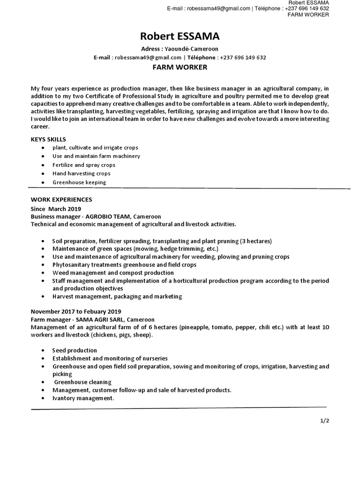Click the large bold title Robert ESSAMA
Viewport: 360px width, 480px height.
pos(180,37)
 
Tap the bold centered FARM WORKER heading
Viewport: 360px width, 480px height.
pos(180,67)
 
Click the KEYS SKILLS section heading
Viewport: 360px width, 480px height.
pos(48,139)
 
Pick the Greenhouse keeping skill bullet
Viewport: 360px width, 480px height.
pos(79,182)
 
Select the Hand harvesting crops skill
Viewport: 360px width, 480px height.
pos(81,173)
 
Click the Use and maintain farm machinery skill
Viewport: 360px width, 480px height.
pos(96,156)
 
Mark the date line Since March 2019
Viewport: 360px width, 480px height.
pos(56,209)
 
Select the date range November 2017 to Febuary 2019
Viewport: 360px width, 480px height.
pos(76,311)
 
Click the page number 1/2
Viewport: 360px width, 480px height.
pos(325,421)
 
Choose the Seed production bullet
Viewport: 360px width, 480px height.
pos(75,350)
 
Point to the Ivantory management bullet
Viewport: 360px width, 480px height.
pos(83,398)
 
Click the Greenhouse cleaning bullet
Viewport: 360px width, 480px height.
pos(82,382)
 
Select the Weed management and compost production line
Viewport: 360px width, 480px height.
pos(113,272)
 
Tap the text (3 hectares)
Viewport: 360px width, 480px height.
pos(256,241)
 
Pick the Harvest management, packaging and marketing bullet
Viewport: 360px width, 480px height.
pos(117,296)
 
